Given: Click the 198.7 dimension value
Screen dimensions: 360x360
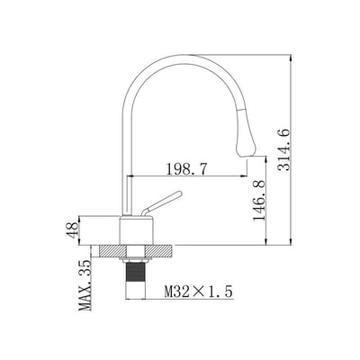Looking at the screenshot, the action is (x=186, y=169).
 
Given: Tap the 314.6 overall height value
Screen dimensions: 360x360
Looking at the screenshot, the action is (x=283, y=149).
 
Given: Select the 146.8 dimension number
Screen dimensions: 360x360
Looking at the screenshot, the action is (x=259, y=201).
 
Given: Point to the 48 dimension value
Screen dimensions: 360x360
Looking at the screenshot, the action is (x=72, y=230).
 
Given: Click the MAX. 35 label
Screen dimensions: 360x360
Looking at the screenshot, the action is (x=85, y=285).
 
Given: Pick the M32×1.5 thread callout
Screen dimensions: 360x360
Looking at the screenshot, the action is (x=198, y=292).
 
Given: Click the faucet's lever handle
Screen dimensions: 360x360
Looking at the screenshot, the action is (x=161, y=203).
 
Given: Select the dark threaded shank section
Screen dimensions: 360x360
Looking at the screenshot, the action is (x=136, y=272).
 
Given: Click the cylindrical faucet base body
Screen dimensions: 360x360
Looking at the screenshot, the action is (x=137, y=230).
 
